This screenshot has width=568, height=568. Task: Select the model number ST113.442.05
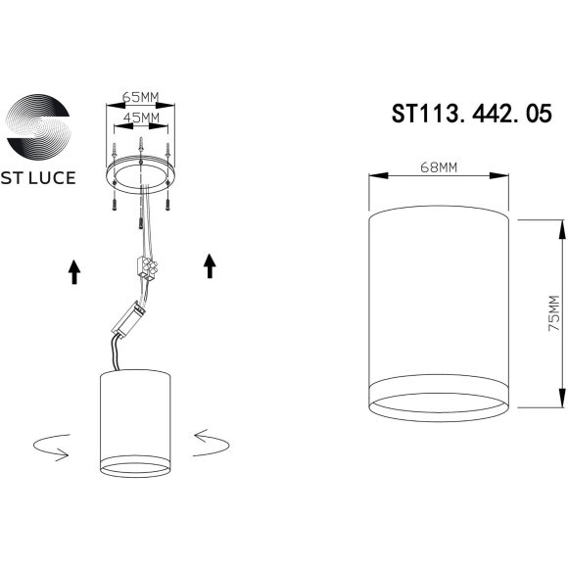pyautogui.click(x=464, y=115)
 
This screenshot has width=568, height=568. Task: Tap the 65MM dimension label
pyautogui.click(x=141, y=99)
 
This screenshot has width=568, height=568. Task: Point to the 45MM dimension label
pyautogui.click(x=141, y=118)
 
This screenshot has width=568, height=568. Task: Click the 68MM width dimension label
pyautogui.click(x=439, y=166)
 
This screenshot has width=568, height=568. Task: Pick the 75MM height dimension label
pyautogui.click(x=553, y=313)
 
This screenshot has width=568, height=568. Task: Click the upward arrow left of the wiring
pyautogui.click(x=74, y=270)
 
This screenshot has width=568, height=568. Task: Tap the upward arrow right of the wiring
pyautogui.click(x=209, y=264)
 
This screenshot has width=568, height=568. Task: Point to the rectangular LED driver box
pyautogui.click(x=130, y=315)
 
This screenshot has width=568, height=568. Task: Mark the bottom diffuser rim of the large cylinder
pyautogui.click(x=439, y=402)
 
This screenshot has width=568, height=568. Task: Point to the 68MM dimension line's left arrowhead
pyautogui.click(x=373, y=176)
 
